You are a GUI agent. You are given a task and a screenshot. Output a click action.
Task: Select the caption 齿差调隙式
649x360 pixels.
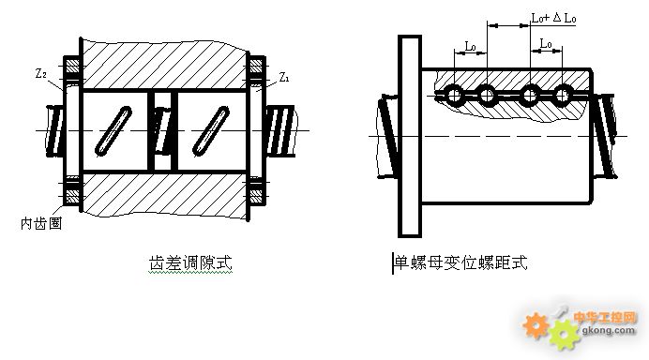[190, 263]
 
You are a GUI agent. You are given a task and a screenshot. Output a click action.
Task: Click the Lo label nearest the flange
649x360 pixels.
[471, 43]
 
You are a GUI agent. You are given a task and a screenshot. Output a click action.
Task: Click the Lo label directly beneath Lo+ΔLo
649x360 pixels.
[546, 43]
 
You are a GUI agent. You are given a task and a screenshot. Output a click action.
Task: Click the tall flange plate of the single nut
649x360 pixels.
[408, 135]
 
